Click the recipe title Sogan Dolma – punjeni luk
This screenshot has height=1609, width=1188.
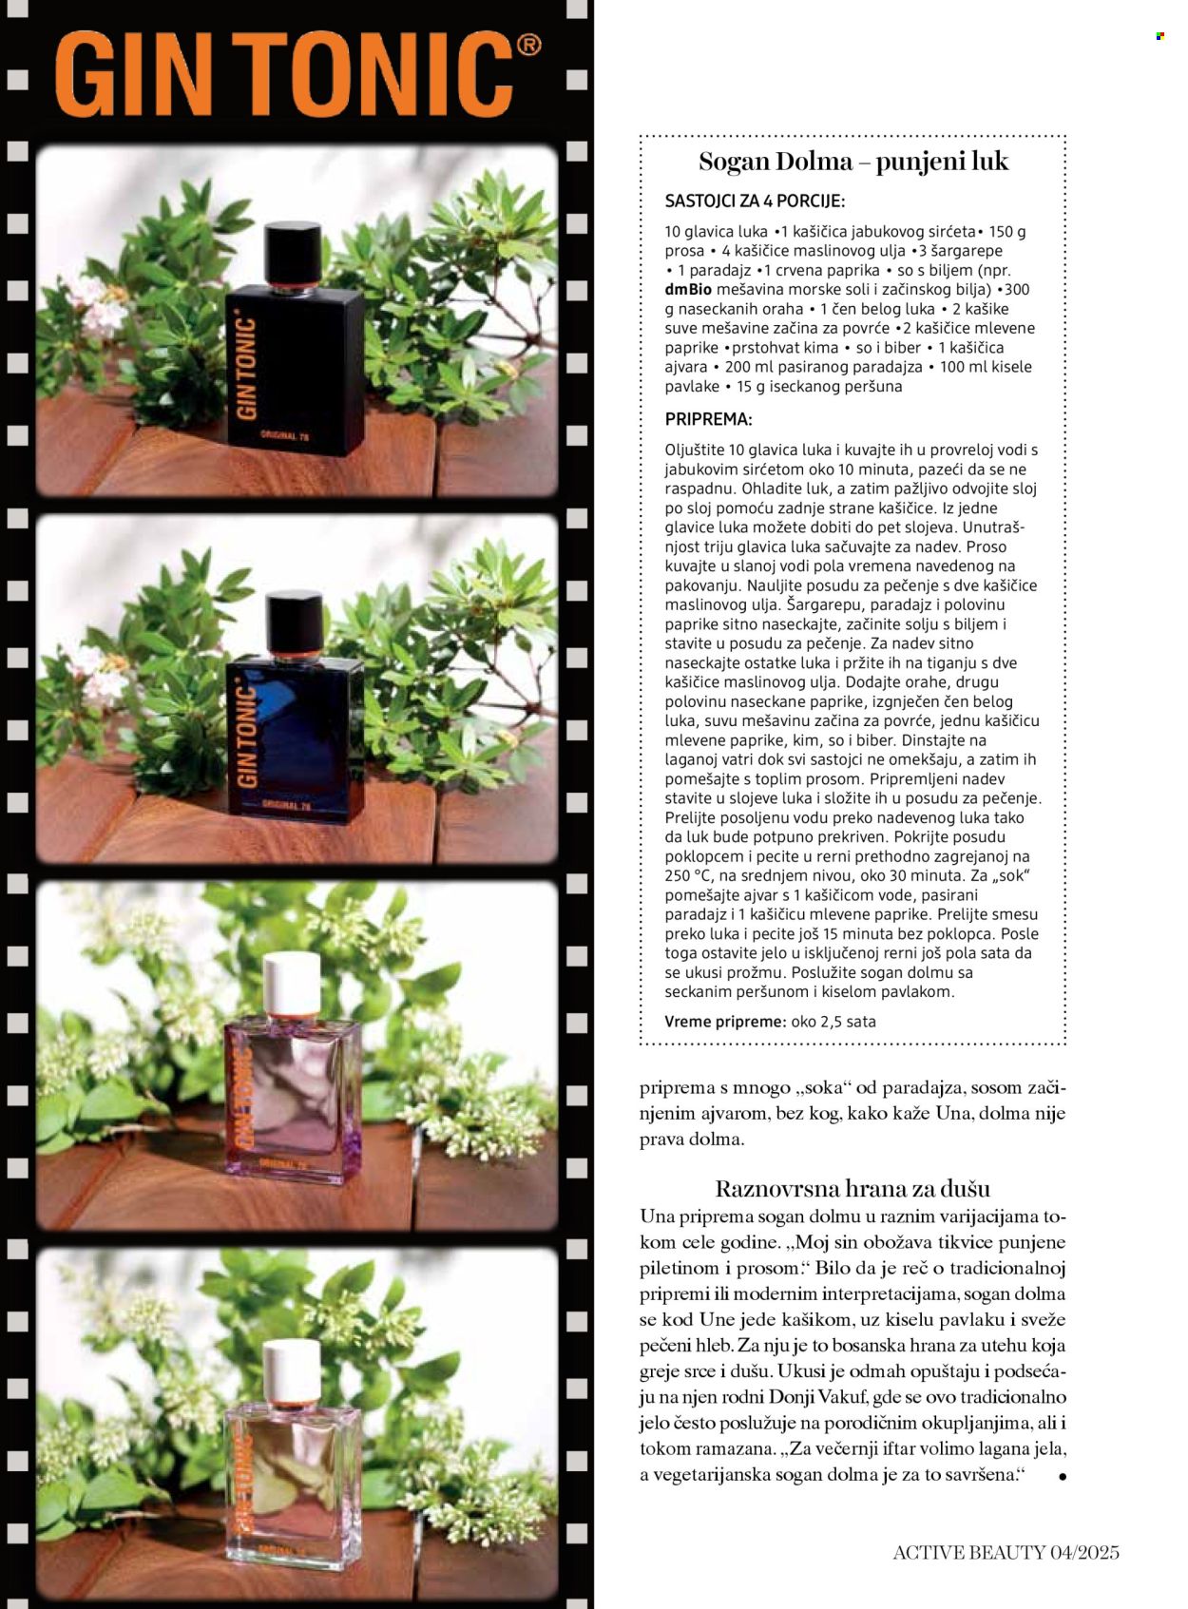click(853, 161)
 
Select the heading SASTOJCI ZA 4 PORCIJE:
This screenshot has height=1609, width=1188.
click(755, 201)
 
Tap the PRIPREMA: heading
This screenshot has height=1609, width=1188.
click(708, 418)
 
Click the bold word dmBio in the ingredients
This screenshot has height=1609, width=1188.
click(686, 289)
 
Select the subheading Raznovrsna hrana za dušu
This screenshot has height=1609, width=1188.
click(853, 1188)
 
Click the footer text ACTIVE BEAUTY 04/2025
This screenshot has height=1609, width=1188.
click(1006, 1552)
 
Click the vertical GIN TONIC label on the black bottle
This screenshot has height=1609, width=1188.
click(247, 368)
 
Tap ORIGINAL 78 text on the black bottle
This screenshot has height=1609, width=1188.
click(284, 436)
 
